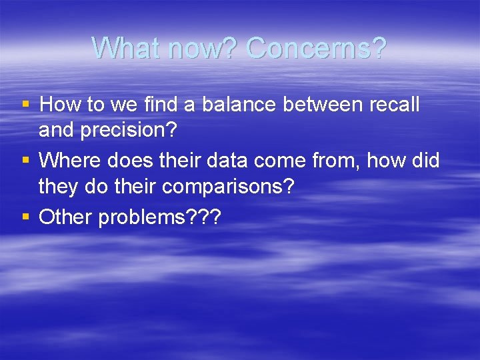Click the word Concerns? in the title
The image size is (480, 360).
316,48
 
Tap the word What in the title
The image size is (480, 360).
129,48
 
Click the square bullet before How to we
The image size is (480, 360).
26,105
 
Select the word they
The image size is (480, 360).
58,186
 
